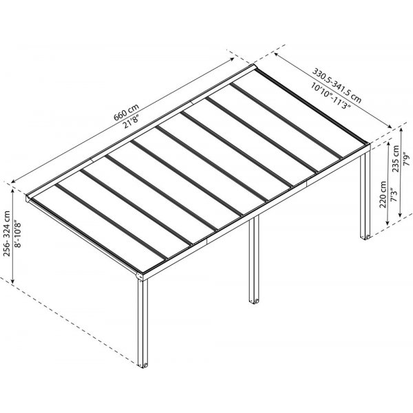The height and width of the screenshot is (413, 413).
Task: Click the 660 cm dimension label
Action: click(126, 112)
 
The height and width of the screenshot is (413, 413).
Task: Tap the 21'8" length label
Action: click(131, 122)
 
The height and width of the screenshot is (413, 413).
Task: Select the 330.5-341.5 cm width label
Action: click(337, 85)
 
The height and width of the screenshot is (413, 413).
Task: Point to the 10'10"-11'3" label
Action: click(331, 96)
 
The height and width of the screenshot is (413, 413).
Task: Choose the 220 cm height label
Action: click(383, 194)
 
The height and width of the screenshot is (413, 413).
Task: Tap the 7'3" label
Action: click(393, 195)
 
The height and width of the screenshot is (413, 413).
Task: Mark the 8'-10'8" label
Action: click(17, 233)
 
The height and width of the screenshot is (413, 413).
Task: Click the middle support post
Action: click(254, 260)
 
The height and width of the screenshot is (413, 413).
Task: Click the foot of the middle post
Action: click(254, 301)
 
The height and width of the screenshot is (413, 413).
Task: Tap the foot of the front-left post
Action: click(143, 365)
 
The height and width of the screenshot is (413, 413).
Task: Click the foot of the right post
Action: click(366, 237)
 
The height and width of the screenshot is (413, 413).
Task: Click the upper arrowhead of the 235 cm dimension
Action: click(401, 129)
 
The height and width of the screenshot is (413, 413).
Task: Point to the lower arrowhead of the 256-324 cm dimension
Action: click(12, 282)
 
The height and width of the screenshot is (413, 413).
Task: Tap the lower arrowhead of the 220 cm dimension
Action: click(388, 224)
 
